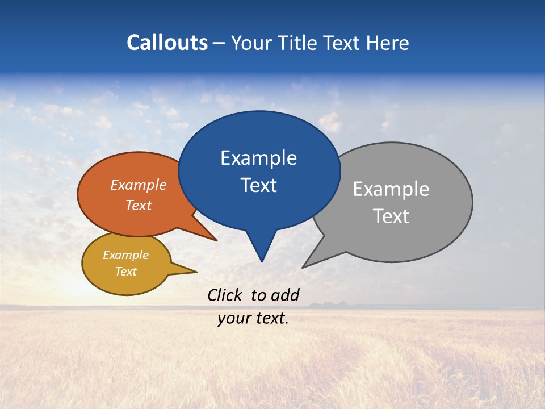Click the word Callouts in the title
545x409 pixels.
click(167, 43)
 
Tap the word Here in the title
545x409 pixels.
click(387, 43)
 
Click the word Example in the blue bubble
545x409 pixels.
click(258, 158)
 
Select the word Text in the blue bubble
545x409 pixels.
click(258, 185)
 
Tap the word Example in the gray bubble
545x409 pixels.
click(391, 189)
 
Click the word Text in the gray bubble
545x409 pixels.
click(391, 216)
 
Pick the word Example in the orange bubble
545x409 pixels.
click(138, 185)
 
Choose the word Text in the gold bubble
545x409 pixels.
click(125, 272)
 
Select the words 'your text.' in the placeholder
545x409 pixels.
click(253, 319)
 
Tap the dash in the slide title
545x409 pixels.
click(220, 43)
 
